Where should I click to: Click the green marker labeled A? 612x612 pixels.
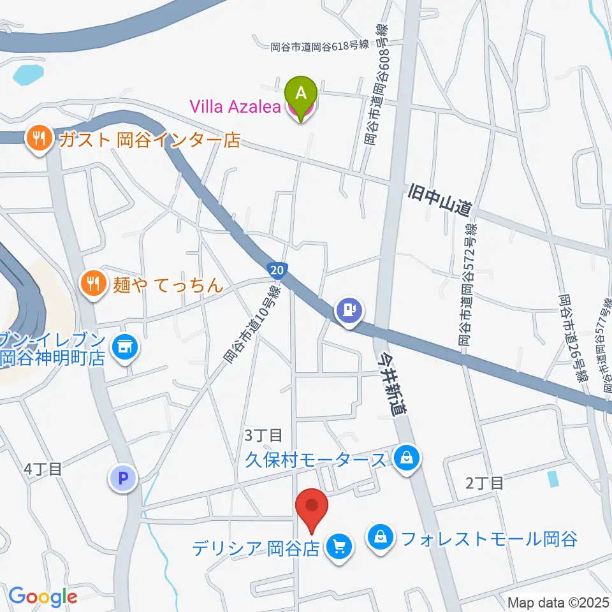(303, 93)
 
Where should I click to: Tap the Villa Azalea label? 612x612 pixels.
(235, 107)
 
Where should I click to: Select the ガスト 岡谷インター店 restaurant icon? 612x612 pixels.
(40, 139)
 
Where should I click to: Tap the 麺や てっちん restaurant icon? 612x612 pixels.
(94, 283)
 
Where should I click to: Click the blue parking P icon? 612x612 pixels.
(124, 477)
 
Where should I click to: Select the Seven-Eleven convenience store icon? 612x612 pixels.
(124, 347)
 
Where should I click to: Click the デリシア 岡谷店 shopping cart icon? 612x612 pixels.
(338, 546)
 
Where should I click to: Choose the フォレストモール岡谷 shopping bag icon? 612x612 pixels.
(381, 539)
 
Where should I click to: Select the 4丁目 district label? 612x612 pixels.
(43, 470)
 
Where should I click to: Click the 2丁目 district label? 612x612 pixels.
(484, 483)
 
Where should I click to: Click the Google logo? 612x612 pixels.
(43, 597)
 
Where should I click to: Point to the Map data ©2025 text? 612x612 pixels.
(558, 602)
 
